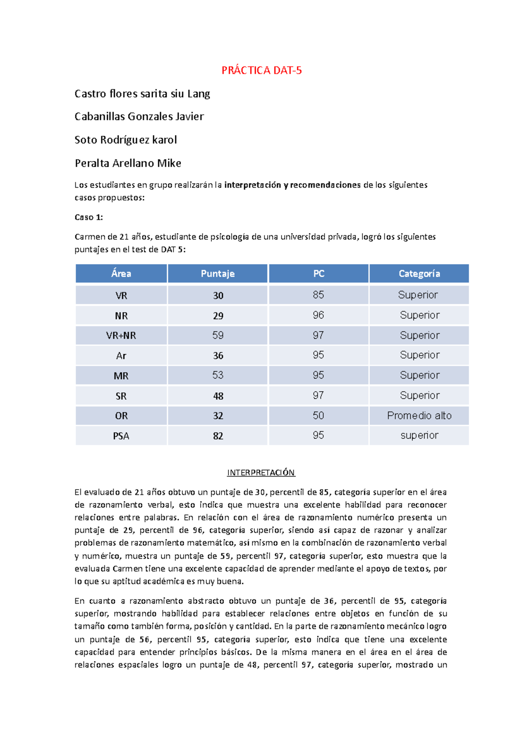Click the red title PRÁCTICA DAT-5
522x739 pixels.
click(261, 71)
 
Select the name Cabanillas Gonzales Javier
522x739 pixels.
click(139, 117)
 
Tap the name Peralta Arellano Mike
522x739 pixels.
click(128, 163)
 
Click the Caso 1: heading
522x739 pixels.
click(89, 217)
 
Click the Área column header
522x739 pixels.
click(121, 274)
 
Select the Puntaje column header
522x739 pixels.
click(217, 274)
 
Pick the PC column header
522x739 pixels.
click(318, 274)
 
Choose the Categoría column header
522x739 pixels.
click(419, 274)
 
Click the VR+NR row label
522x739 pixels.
click(121, 336)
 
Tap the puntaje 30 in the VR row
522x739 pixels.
click(218, 296)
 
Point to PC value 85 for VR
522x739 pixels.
click(318, 295)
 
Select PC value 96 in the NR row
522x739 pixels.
click(318, 315)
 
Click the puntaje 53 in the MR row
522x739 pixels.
click(218, 375)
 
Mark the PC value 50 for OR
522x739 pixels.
click(318, 416)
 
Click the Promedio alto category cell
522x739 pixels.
click(419, 416)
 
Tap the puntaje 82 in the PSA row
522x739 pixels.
click(218, 436)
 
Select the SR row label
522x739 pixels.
click(121, 396)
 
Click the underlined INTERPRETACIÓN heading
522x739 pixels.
click(261, 473)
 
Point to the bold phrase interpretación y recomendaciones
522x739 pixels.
click(292, 185)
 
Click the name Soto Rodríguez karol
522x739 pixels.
click(126, 140)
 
